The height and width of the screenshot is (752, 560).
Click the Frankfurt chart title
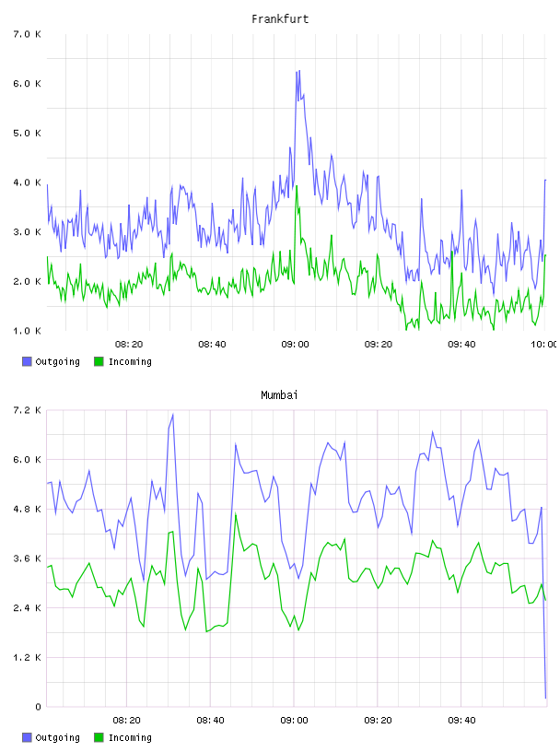(x=280, y=19)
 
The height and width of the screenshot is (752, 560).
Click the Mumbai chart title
(x=279, y=395)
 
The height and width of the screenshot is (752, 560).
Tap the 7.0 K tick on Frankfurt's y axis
(x=28, y=34)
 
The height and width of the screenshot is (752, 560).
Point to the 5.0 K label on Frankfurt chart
(x=28, y=134)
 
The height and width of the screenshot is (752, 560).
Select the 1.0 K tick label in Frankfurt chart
(x=28, y=331)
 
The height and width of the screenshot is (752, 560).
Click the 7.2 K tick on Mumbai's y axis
(x=28, y=410)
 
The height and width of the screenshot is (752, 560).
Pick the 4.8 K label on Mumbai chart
(x=28, y=509)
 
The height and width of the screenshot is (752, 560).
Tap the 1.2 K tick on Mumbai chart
(x=28, y=657)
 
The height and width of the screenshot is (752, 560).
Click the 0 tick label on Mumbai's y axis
(x=38, y=707)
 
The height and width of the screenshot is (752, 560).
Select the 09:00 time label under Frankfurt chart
(x=296, y=345)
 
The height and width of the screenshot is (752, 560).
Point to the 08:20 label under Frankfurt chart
(x=129, y=345)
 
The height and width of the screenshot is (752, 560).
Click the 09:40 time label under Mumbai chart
(x=461, y=721)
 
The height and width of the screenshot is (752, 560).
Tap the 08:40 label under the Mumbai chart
(x=211, y=721)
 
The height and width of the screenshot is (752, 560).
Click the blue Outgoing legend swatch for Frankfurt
(x=27, y=361)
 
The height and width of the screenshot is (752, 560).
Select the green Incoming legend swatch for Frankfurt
(x=99, y=361)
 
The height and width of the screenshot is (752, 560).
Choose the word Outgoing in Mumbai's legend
(x=57, y=737)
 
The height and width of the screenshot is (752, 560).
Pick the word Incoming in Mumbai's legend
(x=130, y=737)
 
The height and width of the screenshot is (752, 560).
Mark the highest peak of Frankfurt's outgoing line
(x=299, y=71)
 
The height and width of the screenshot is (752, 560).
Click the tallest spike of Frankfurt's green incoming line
(x=297, y=186)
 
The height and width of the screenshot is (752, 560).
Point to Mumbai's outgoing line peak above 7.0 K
(x=172, y=416)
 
